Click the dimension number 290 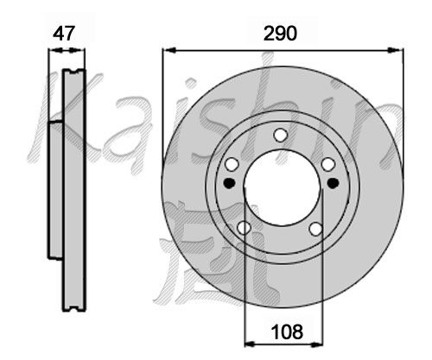point(280,34)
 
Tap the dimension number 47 point(64,34)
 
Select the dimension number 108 point(287,332)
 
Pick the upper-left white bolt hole point(232,164)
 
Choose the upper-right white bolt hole point(328,164)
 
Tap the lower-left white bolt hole point(244,228)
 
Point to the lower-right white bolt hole point(316,229)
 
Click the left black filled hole point(230,183)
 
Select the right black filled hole point(334,183)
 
